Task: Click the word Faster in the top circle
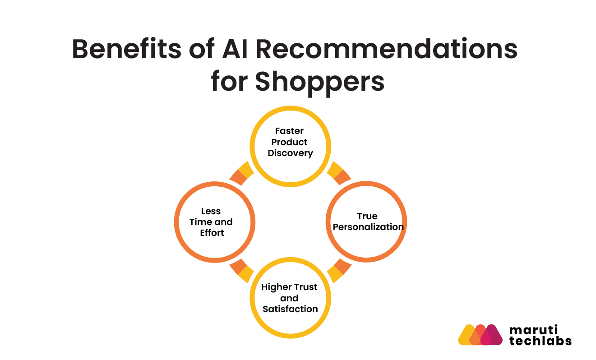tap(290, 131)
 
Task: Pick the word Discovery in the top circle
tap(290, 153)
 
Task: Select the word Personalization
tap(368, 227)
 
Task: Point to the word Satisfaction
tap(290, 309)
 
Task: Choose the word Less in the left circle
tap(211, 211)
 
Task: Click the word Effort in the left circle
tap(212, 233)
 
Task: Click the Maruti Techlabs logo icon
tap(480, 335)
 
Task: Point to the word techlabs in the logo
tap(540, 341)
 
